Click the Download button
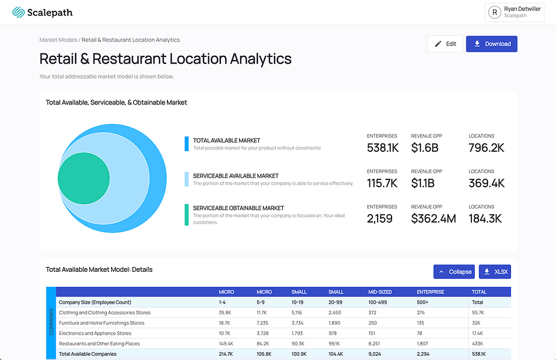[492, 44]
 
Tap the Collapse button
[454, 272]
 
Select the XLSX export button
[495, 272]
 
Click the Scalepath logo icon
[19, 13]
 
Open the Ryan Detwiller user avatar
[495, 13]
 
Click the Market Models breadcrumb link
[58, 40]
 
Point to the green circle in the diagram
[83, 178]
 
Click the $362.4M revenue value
[434, 218]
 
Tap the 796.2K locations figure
[486, 148]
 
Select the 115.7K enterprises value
[382, 183]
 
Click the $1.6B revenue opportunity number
[425, 148]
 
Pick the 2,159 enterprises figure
[379, 218]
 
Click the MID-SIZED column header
[379, 292]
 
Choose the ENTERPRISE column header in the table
[430, 292]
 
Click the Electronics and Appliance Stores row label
[95, 334]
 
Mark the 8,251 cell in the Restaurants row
[374, 344]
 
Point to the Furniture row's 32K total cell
[476, 323]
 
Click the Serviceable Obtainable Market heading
[238, 208]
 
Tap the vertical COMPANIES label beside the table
[51, 322]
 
